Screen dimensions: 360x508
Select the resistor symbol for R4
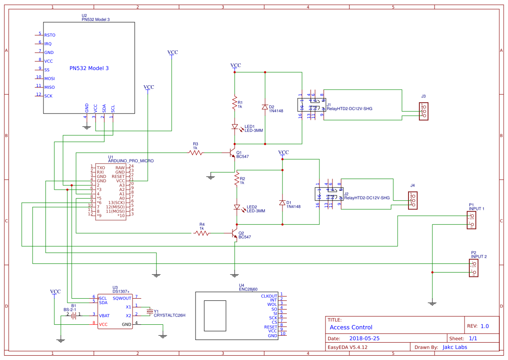(201, 233)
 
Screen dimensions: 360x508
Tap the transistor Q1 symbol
(232, 153)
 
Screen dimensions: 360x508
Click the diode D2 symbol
(265, 107)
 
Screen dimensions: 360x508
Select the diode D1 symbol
(282, 203)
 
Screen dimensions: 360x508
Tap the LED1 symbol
(235, 127)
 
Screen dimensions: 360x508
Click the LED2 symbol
(237, 207)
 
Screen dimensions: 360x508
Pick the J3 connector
(423, 112)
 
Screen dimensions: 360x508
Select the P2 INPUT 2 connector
(474, 268)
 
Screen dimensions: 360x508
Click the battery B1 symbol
(73, 315)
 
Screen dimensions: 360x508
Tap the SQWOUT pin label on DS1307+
(122, 298)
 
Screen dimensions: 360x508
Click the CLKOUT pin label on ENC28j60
(269, 296)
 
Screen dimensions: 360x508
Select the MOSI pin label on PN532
(50, 79)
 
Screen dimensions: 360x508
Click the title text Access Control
(351, 327)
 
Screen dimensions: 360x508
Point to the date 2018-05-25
(365, 338)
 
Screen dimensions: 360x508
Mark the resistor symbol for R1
(235, 103)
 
